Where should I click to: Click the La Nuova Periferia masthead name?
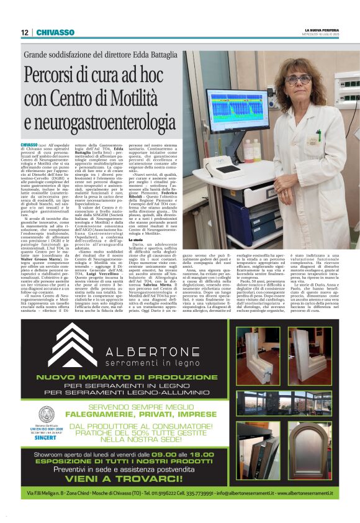[322, 29]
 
